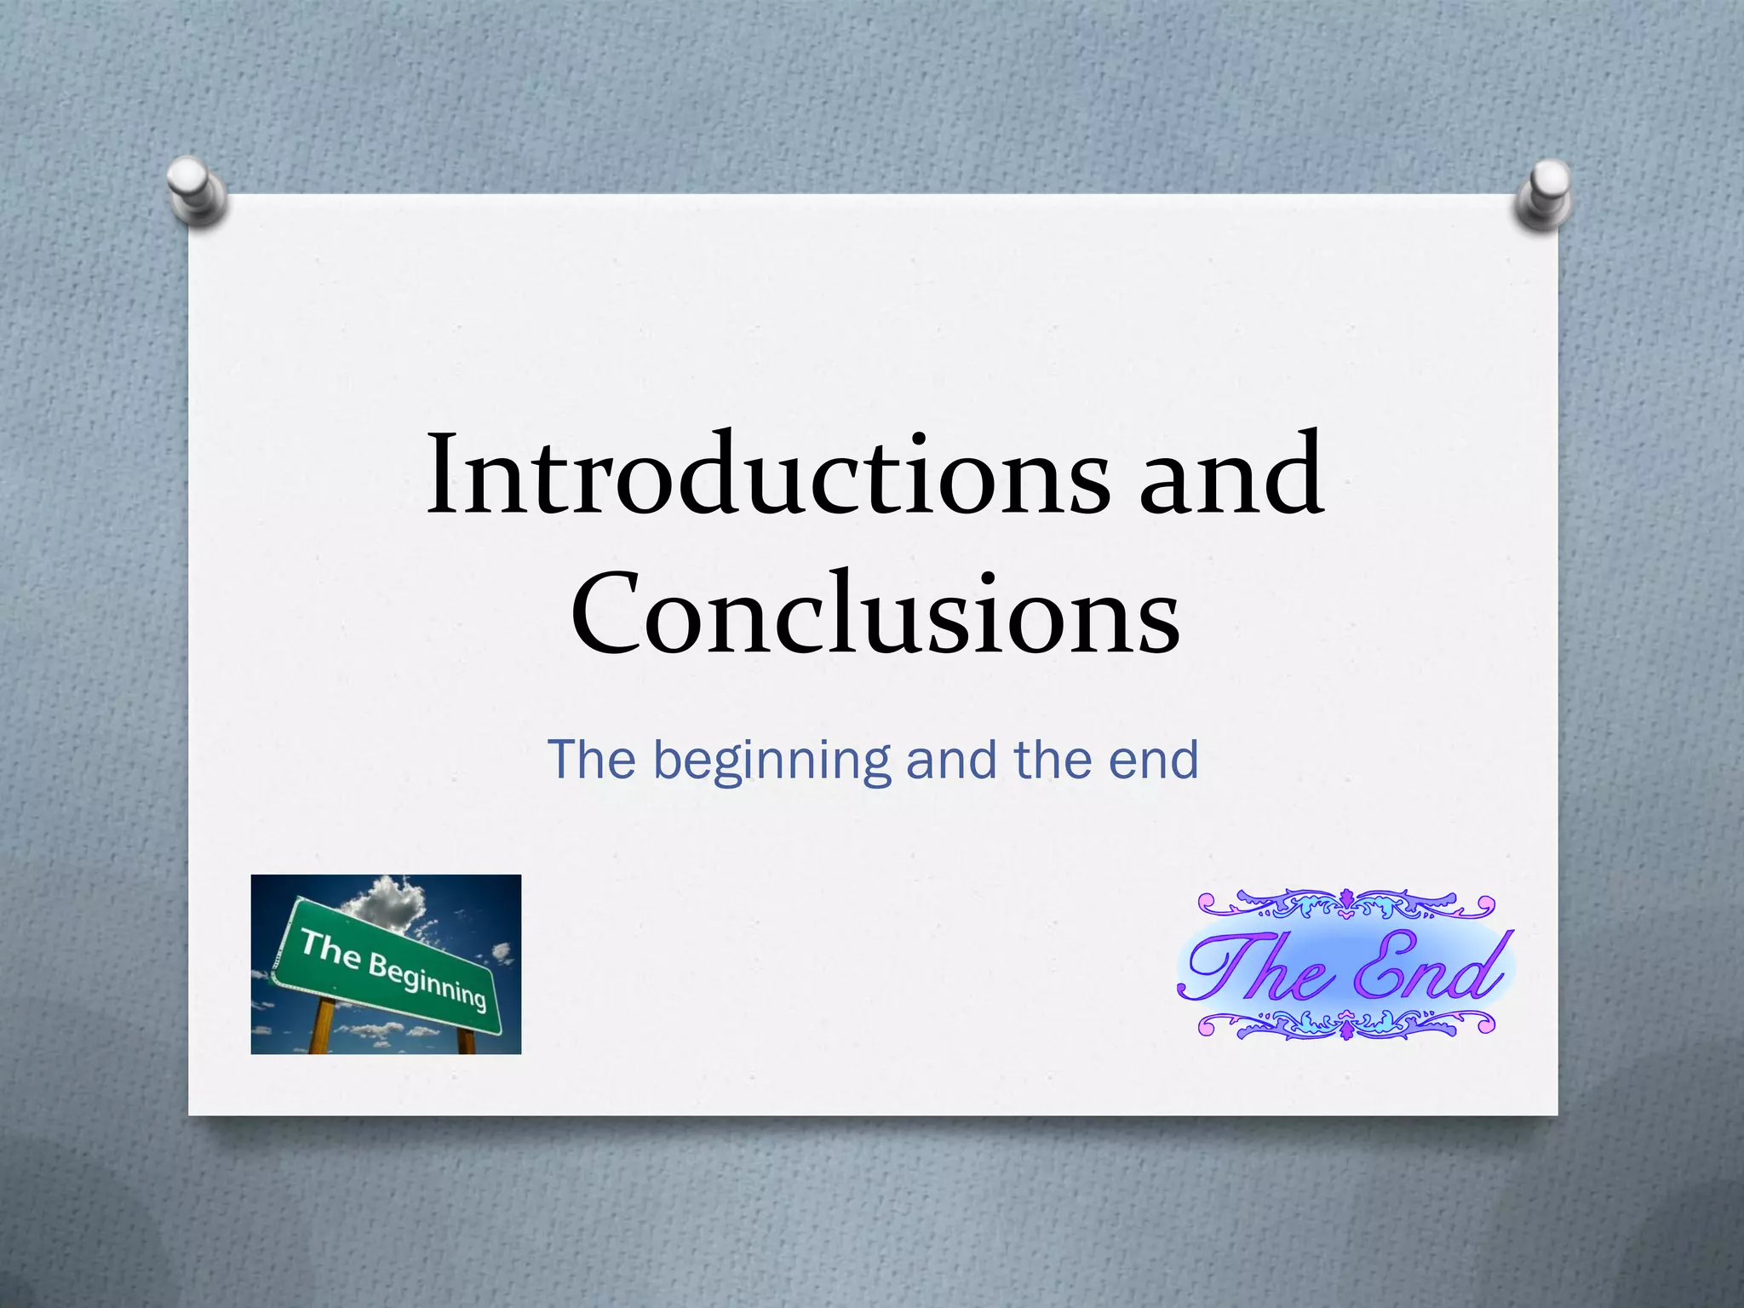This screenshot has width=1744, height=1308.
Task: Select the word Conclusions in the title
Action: coord(875,613)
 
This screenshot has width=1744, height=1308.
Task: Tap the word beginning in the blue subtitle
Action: coord(772,760)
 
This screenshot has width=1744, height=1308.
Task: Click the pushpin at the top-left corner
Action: coord(196,189)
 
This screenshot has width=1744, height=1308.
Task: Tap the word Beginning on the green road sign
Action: coord(427,979)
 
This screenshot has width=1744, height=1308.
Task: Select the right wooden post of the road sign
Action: coord(467,1041)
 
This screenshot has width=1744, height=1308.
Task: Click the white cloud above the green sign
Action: coord(388,902)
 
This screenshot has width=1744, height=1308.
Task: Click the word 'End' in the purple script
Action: coord(1431,969)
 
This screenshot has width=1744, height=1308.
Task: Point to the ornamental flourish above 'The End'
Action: coord(1345,905)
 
